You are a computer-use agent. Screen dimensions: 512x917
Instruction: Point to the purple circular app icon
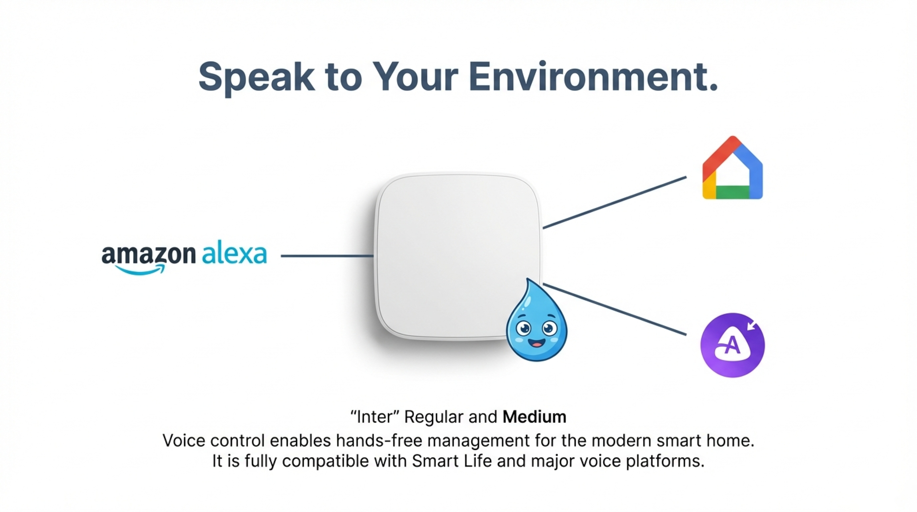732,345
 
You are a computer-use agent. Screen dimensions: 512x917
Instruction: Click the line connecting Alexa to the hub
327,256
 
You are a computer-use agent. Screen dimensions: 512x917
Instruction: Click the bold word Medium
534,417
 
